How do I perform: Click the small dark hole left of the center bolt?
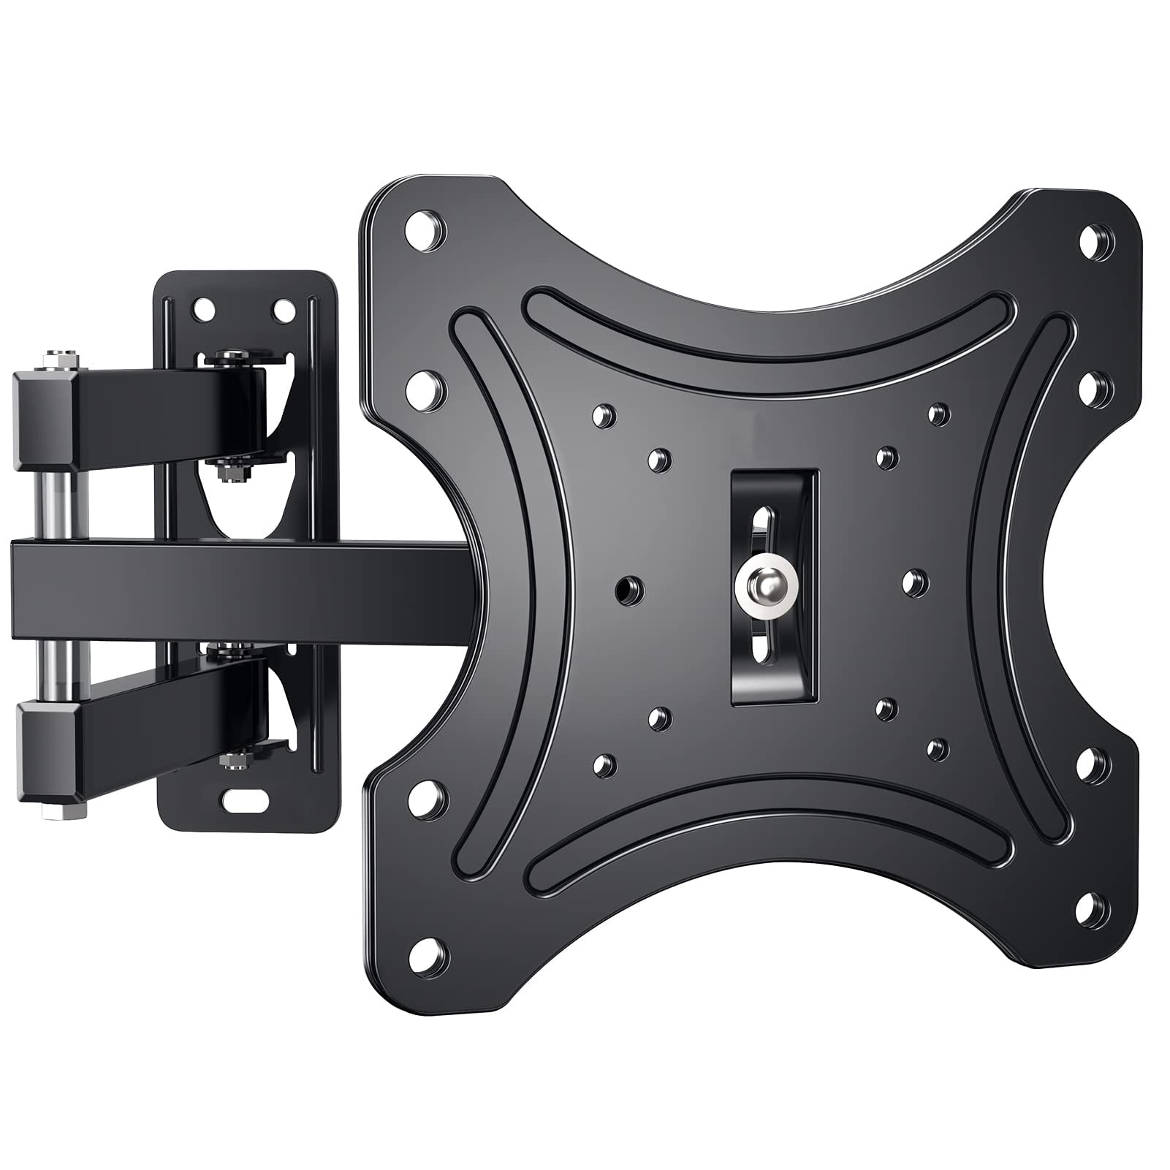tap(629, 587)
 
